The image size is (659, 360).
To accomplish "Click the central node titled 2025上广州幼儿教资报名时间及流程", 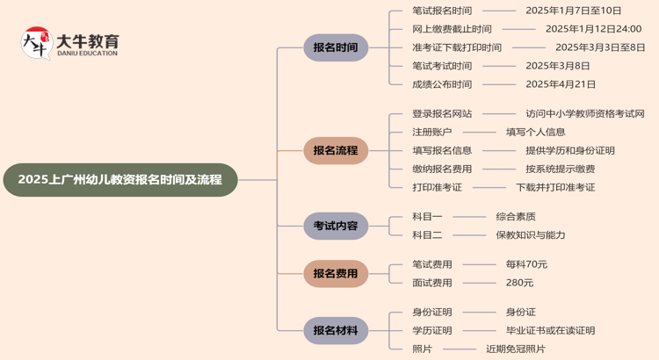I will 120,180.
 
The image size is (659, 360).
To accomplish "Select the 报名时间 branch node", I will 336,47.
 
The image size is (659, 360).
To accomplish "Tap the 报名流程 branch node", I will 336,150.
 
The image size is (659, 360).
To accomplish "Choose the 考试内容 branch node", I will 336,226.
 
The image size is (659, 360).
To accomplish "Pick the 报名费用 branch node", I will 336,273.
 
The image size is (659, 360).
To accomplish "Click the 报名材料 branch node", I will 336,330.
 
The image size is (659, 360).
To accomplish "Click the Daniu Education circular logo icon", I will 36,43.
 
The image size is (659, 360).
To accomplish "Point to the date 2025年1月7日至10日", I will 573,11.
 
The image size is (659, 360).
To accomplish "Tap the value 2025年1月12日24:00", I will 593,29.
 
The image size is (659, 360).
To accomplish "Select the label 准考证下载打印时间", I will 457,47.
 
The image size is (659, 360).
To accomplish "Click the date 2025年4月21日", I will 561,84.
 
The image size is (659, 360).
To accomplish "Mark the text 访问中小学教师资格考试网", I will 585,113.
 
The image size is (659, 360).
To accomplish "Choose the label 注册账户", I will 432,132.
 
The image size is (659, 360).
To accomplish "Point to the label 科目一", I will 427,216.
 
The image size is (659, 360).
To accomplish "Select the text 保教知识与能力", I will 531,234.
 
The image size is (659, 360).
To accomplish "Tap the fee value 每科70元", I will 526,264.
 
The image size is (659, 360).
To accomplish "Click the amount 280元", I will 519,283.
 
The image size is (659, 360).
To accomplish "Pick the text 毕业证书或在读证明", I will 550,330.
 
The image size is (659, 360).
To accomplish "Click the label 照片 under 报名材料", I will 422,349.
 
